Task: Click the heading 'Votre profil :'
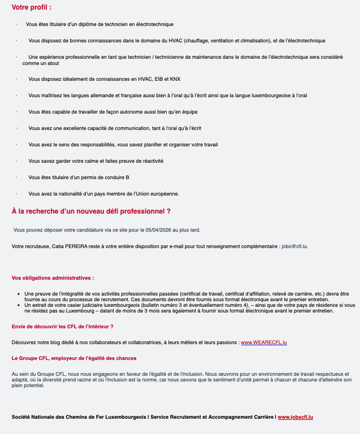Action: point(32,7)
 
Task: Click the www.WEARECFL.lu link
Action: point(264,342)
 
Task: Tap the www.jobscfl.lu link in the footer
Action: point(295,417)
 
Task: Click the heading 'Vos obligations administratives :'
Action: point(53,278)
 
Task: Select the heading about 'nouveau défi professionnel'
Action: point(91,211)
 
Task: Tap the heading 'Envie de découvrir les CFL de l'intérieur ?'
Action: point(63,327)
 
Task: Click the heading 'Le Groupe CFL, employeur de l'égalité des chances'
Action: point(74,358)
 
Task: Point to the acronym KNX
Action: point(175,79)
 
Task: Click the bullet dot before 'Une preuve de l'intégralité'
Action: point(19,294)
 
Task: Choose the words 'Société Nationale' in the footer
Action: point(35,417)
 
